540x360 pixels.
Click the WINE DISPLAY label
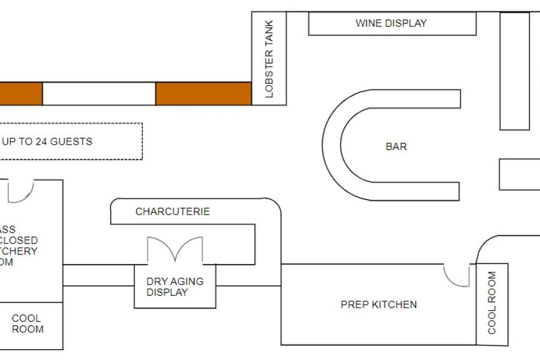coord(391,23)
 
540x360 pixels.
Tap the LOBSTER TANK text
coord(269,59)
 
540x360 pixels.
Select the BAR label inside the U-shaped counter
coord(396,146)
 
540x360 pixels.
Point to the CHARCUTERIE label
coord(173,212)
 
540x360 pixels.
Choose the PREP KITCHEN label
coord(379,305)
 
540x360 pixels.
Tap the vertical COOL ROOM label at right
coord(492,303)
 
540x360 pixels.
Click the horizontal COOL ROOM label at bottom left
coord(28,323)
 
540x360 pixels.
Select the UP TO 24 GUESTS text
coord(47,142)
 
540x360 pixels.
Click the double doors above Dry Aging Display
coord(175,250)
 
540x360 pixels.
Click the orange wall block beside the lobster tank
coord(203,94)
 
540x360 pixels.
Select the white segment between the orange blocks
coord(99,94)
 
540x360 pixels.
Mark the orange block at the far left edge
coord(20,94)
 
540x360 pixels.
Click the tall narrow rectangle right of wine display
coord(515,71)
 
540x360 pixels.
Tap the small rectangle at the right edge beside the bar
coord(520,174)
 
